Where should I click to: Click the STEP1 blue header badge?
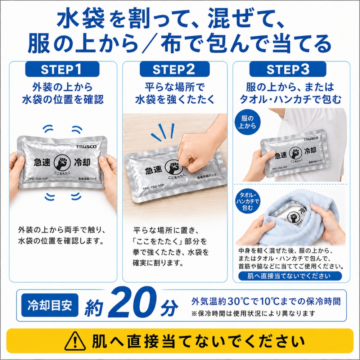62,69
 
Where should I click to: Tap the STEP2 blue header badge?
175,69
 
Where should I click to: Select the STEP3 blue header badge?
288,69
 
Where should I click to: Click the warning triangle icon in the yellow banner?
75,341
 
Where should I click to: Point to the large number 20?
132,303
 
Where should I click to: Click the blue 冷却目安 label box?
50,305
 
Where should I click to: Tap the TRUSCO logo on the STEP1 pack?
86,147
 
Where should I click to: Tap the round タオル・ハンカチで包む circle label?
248,201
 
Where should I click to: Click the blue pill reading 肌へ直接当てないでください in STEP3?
290,276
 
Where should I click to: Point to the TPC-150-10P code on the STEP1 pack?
38,179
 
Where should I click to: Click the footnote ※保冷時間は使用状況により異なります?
253,313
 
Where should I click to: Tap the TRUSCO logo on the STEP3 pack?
311,139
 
